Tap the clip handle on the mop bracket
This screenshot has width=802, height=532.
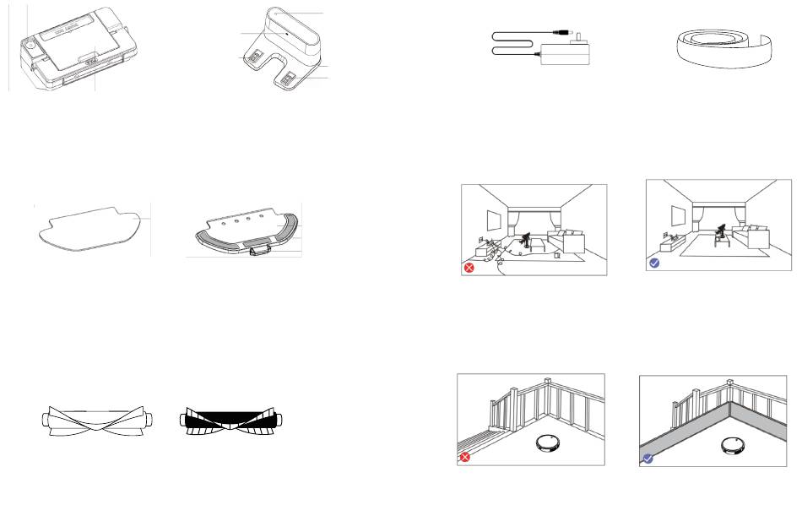pyautogui.click(x=258, y=247)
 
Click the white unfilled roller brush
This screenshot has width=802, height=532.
pyautogui.click(x=99, y=420)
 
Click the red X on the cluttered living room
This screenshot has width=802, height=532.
pyautogui.click(x=469, y=269)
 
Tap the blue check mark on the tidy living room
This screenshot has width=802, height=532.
pyautogui.click(x=654, y=263)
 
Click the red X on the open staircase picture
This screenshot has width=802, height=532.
pyautogui.click(x=464, y=457)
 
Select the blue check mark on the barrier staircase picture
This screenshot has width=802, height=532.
pyautogui.click(x=648, y=459)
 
